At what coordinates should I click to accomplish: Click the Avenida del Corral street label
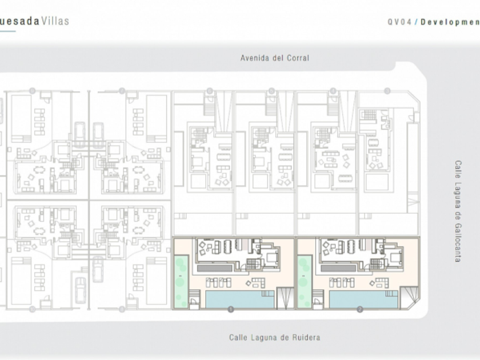coord(274,58)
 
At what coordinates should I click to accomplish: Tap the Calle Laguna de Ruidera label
coord(274,338)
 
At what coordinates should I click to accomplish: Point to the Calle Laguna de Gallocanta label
coord(458,211)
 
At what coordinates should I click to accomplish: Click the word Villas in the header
coord(55,21)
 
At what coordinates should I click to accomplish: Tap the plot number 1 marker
coord(231,310)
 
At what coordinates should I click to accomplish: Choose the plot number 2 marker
coord(359,310)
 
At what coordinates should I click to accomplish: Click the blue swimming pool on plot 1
coord(239,299)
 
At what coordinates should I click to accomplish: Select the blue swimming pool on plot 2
coord(363,299)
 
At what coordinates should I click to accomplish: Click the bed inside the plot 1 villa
coord(269,254)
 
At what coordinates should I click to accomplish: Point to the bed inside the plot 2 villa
coord(393,254)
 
